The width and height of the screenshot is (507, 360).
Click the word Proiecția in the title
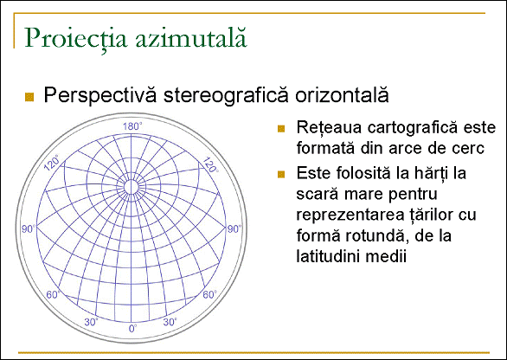pos(75,38)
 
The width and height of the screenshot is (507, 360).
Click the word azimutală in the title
pos(190,37)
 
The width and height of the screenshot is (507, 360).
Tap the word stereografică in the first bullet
pos(226,95)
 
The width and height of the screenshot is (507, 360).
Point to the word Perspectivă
pos(100,95)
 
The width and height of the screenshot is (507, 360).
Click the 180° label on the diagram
pos(132,126)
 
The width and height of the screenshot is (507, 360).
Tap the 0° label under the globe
pos(133,329)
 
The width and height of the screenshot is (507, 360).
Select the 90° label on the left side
pos(29,229)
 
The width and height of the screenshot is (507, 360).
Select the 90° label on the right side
pos(234,229)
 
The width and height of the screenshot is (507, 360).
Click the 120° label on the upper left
pos(52,163)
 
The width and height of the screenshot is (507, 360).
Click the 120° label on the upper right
pos(210,164)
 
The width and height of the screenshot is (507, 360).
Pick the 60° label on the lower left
pos(54,294)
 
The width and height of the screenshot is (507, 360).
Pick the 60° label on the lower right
pos(210,294)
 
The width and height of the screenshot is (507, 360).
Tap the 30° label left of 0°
pos(91,322)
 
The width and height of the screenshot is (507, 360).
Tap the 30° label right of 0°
pos(170,322)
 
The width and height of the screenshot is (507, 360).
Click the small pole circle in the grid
pos(132,187)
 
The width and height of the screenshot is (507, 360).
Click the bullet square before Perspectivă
pos(29,97)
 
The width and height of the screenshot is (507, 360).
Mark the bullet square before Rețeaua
pos(281,129)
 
